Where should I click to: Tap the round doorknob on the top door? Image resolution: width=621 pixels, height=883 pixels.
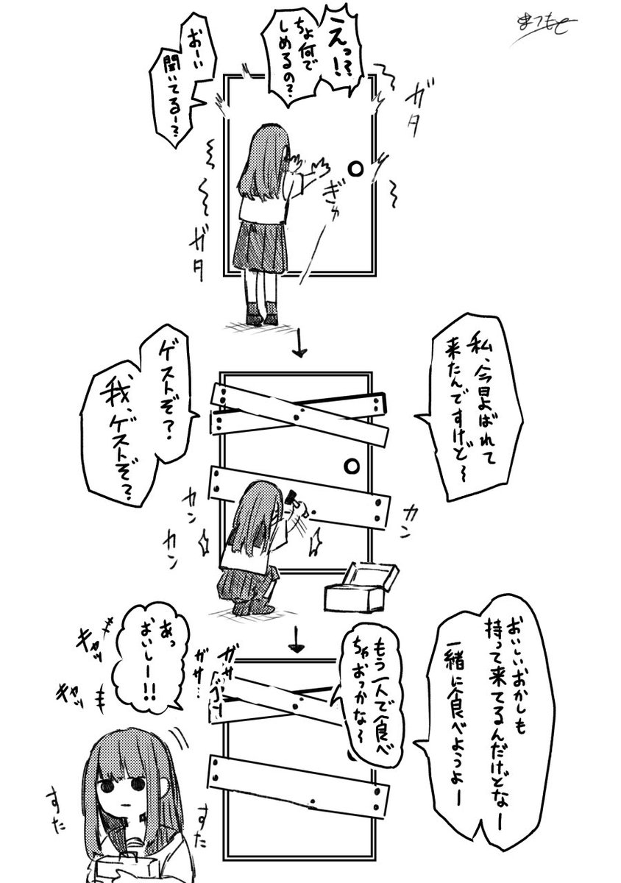(355, 169)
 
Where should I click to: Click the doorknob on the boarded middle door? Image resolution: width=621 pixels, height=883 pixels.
(352, 467)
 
